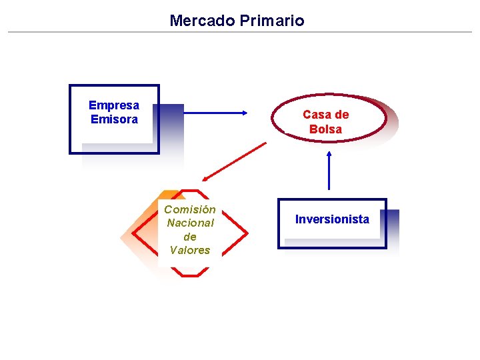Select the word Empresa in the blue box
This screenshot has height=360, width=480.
114,105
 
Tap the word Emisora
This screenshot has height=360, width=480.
114,119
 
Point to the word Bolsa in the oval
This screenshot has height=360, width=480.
325,129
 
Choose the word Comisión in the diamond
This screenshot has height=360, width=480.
190,209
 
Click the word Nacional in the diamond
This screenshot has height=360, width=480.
190,223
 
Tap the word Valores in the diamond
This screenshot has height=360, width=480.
190,250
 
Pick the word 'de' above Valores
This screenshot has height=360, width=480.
190,237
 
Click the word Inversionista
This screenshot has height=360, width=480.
332,219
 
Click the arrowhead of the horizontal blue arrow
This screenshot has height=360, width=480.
244,113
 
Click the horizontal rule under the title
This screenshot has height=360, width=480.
240,32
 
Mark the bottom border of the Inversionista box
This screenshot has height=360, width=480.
332,247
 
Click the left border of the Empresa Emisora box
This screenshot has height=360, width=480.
70,119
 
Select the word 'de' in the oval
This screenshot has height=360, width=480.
341,115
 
